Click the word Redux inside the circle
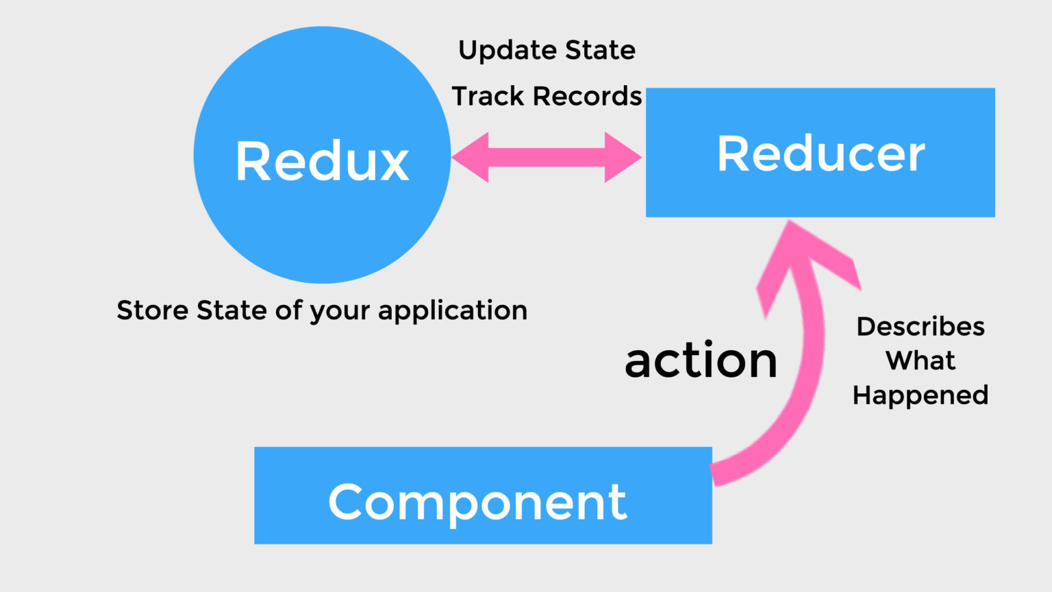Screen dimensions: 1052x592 click(322, 161)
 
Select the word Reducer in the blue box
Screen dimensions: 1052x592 click(821, 153)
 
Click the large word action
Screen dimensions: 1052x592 click(701, 360)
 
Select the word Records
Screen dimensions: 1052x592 click(588, 96)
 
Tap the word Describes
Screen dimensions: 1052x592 click(920, 326)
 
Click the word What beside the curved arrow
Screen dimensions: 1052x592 click(920, 360)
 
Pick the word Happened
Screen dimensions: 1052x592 click(920, 395)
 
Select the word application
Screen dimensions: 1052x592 click(453, 311)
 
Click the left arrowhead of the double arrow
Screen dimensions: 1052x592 click(470, 158)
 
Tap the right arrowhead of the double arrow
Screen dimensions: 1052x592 click(623, 158)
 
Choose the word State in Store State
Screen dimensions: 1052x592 click(231, 310)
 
